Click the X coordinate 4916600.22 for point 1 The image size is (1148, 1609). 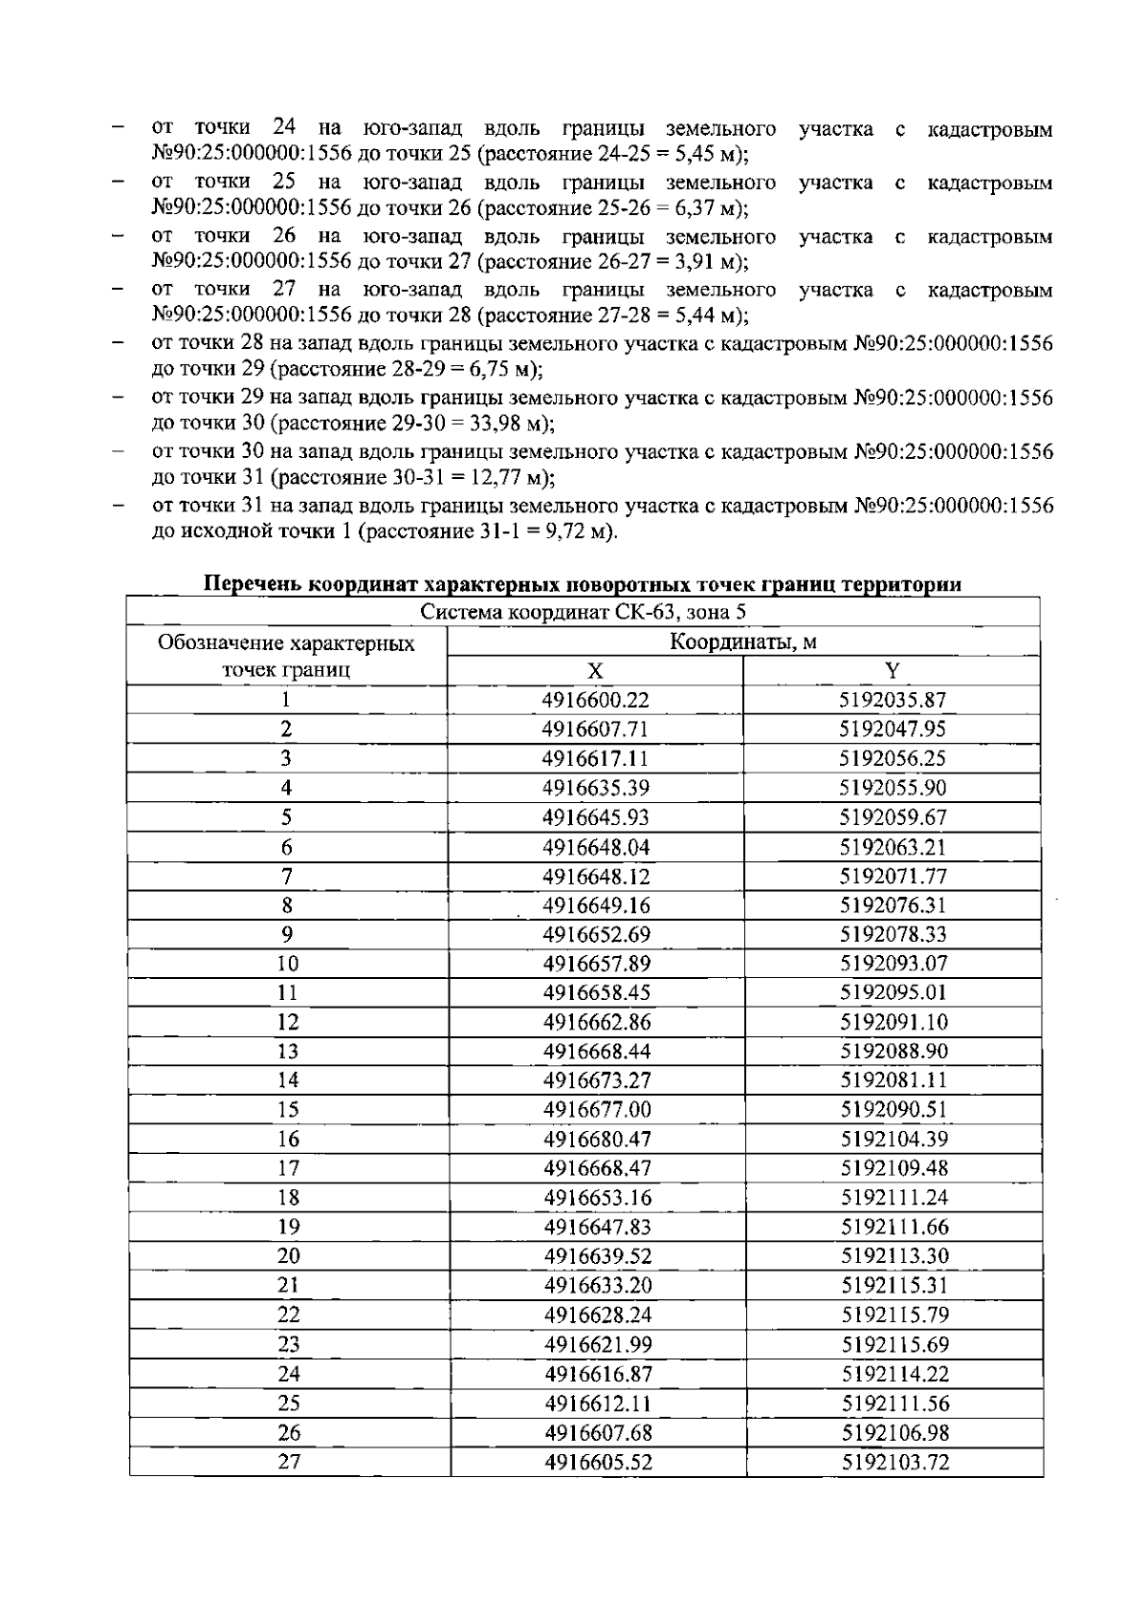[595, 700]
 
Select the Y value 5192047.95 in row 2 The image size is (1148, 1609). [893, 729]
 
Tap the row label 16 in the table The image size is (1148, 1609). [287, 1140]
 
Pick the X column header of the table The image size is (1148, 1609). [595, 670]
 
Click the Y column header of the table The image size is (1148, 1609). [892, 670]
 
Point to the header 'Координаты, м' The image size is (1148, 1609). [742, 641]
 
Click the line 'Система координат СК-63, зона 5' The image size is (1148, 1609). [584, 613]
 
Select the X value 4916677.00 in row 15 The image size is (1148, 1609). [596, 1110]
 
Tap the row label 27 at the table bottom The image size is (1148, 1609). [289, 1462]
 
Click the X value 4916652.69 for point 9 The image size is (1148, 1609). [596, 934]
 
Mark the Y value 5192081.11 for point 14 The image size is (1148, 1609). [894, 1080]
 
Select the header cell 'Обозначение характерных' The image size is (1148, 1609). [286, 642]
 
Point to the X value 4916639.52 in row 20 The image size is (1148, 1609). [597, 1256]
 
